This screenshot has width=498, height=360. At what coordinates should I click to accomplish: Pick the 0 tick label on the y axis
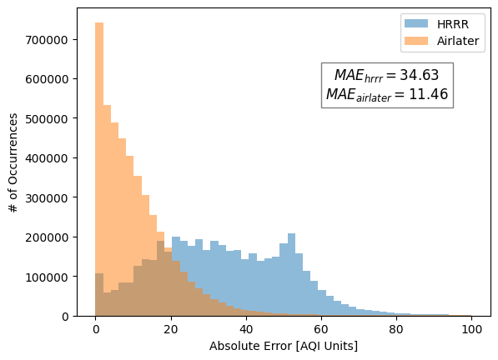(x=66, y=316)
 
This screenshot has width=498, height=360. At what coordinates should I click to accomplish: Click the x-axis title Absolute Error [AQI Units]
(x=284, y=345)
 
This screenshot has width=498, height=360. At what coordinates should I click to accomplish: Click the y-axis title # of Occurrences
(x=14, y=162)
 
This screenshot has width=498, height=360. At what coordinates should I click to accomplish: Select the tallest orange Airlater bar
(x=99, y=167)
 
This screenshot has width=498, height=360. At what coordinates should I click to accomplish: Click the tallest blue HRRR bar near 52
(x=291, y=275)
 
